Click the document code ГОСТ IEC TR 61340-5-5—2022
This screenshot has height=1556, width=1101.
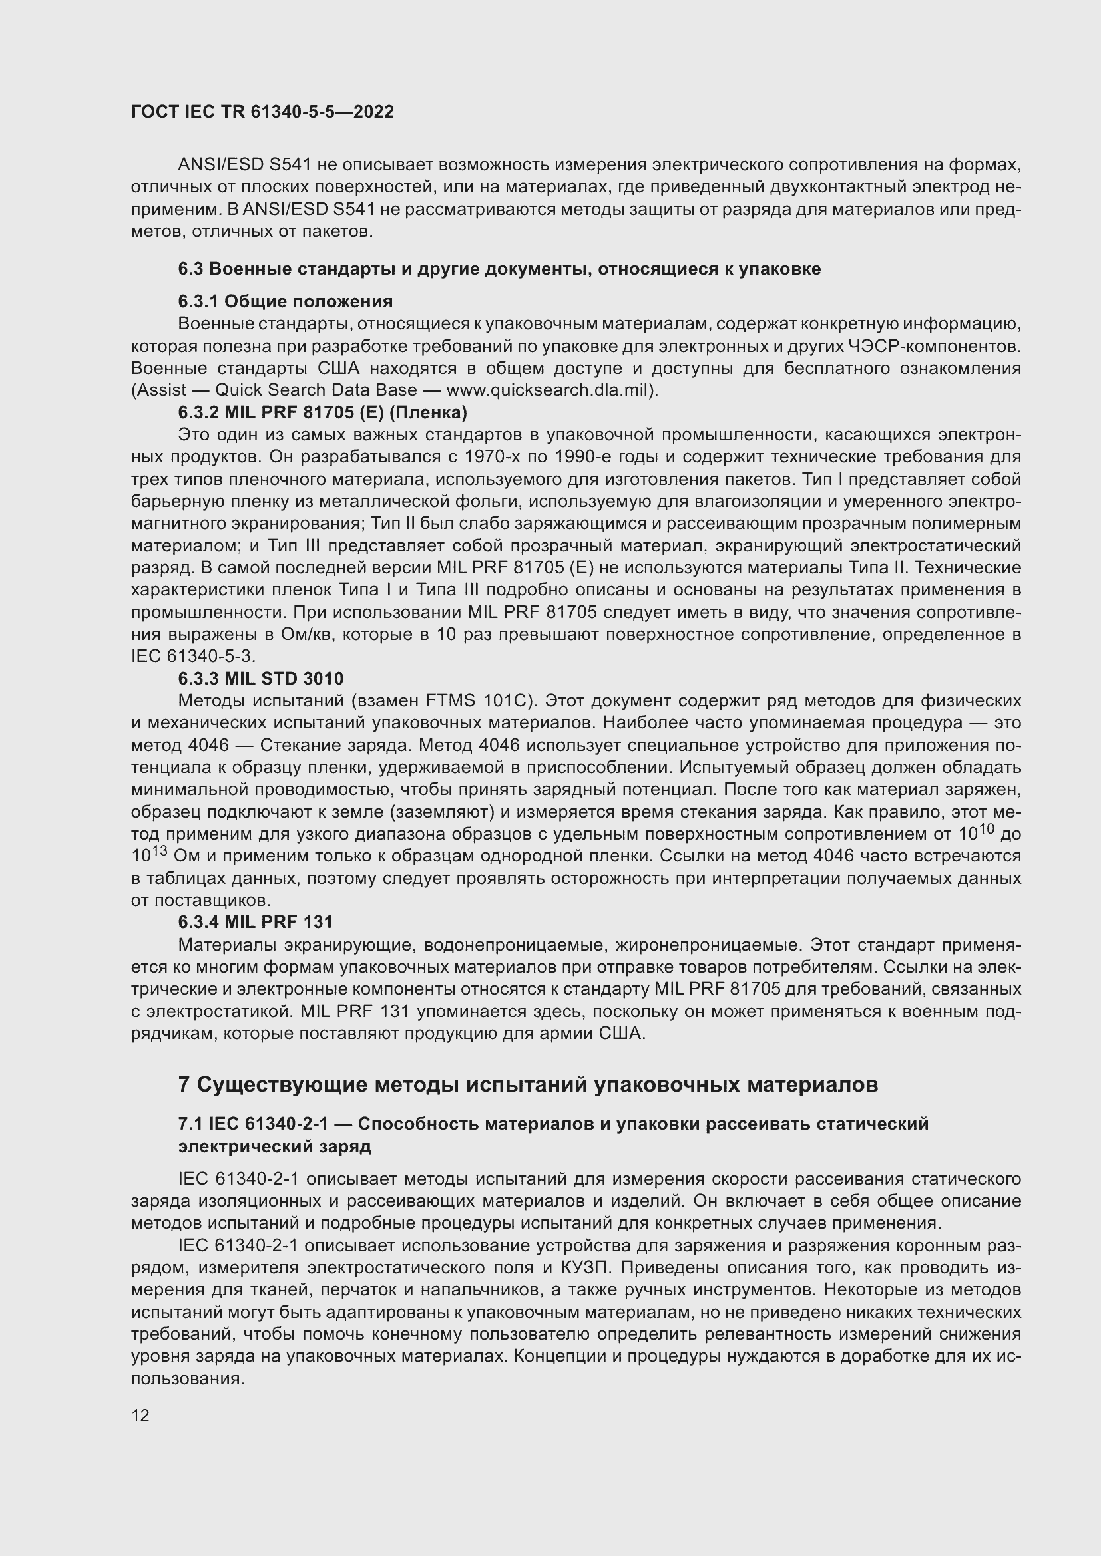[262, 112]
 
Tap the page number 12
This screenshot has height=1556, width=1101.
[140, 1414]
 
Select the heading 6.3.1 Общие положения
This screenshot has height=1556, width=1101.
[286, 301]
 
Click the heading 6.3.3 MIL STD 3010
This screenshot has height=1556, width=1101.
[260, 679]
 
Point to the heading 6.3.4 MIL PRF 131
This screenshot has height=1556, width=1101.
[255, 921]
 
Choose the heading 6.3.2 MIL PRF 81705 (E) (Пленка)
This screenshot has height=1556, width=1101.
[322, 412]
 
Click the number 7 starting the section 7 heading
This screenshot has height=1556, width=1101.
[184, 1084]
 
